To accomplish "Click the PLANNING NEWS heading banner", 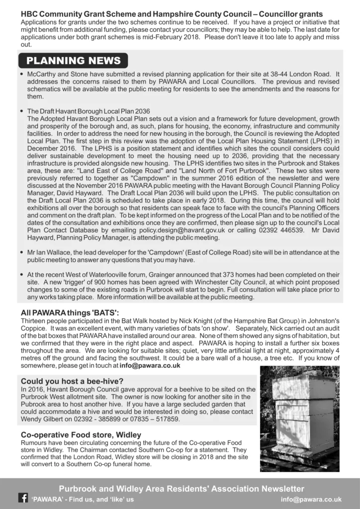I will tap(73, 61).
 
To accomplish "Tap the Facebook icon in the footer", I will tap(23, 498).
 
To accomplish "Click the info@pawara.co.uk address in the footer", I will tap(311, 499).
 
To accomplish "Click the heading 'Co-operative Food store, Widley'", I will tap(81, 435).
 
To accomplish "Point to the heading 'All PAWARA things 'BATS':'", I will tap(70, 313).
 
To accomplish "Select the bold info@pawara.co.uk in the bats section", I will tap(150, 365).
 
